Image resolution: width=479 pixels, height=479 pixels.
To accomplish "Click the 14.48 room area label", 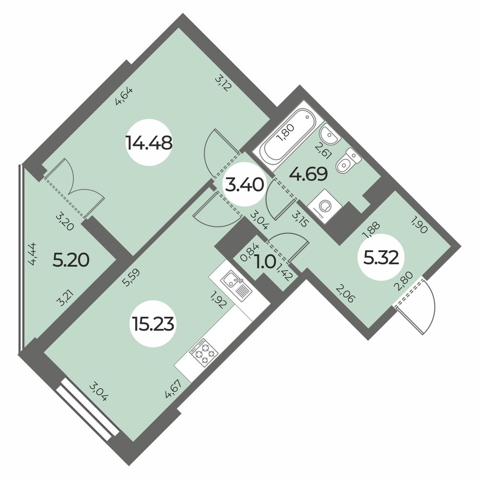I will click(x=148, y=142).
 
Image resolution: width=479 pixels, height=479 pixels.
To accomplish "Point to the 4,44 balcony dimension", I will click(x=35, y=254).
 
